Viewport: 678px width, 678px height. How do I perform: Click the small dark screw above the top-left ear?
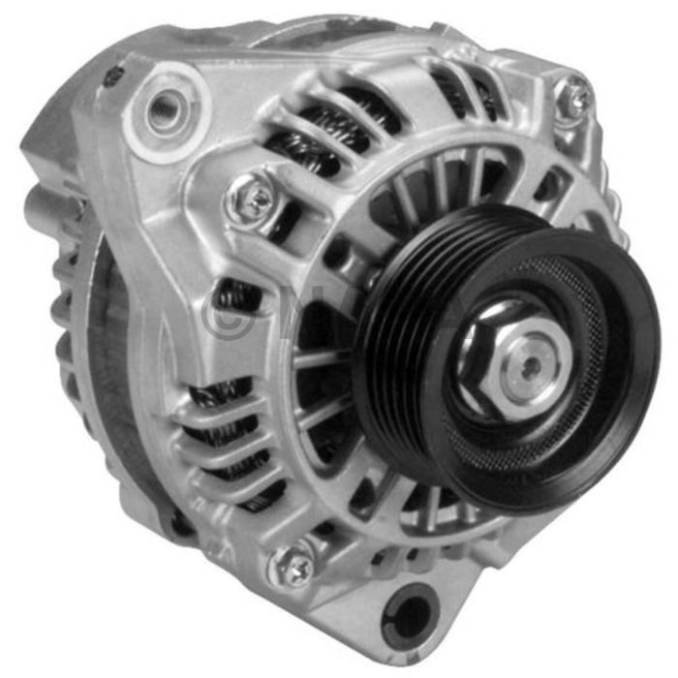[x=114, y=72]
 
